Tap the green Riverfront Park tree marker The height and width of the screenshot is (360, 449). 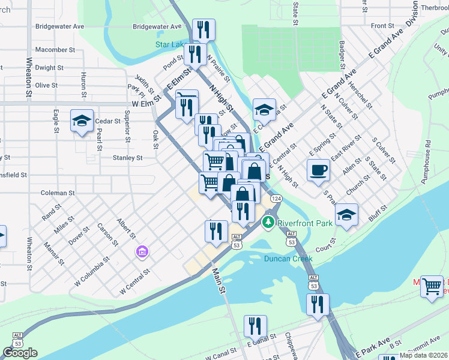[x=268, y=223]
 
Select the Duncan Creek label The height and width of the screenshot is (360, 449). [x=289, y=259]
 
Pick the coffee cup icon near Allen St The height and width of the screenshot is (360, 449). [x=318, y=170]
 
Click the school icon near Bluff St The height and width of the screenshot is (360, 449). [x=346, y=214]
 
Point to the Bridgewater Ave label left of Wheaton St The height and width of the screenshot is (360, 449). [x=60, y=26]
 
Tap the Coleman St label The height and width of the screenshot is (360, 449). [x=58, y=193]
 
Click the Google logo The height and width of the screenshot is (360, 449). [x=20, y=353]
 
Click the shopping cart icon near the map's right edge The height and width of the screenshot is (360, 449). [x=432, y=286]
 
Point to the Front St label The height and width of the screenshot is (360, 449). [x=382, y=26]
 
